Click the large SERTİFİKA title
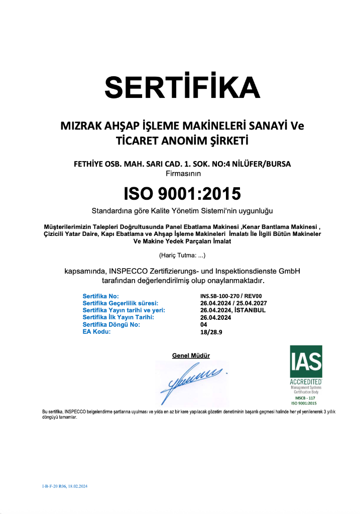pos(182,87)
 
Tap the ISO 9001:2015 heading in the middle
pos(182,193)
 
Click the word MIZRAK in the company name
pos(81,125)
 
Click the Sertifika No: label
pos(100,297)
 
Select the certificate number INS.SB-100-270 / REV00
pos(227,297)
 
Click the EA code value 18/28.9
pos(210,332)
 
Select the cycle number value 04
pos(203,324)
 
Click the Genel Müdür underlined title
pos(191,355)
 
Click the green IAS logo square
pos(306,361)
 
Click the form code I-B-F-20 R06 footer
pos(64,486)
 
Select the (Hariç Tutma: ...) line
pos(182,255)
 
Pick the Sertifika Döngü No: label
pos(111,324)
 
